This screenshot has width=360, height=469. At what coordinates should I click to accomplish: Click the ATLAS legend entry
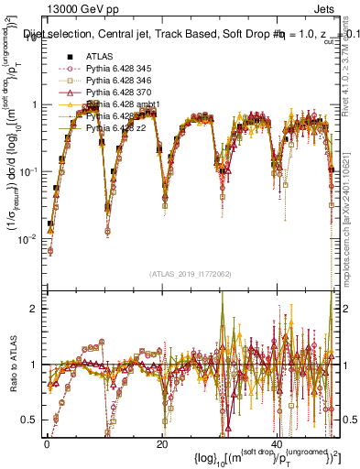point(100,57)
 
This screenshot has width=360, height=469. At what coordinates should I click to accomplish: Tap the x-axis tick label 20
point(162,443)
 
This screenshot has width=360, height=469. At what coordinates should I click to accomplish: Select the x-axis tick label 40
point(278,443)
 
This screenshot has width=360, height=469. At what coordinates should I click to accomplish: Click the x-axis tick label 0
point(47,443)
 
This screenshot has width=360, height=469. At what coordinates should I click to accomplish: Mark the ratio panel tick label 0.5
point(30,420)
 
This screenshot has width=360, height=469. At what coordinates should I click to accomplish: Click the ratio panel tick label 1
point(34,365)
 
